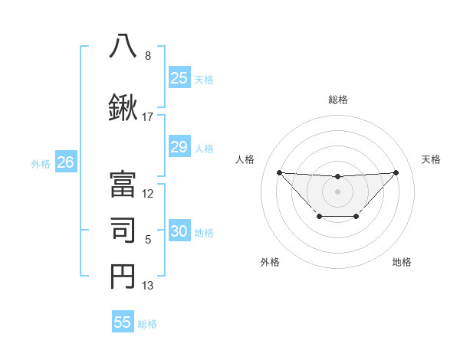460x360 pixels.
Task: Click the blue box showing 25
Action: [179, 77]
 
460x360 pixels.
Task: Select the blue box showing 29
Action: [179, 147]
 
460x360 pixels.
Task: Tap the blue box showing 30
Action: [179, 231]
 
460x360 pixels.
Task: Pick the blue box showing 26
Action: [66, 162]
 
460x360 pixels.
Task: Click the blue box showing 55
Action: [123, 322]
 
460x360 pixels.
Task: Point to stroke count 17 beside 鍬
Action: [148, 117]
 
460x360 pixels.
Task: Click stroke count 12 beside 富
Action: [148, 194]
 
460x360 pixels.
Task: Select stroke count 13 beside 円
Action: [148, 286]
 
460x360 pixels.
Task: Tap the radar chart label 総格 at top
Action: [337, 100]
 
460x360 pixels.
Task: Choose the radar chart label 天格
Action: [431, 159]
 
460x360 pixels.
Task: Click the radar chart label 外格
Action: [270, 262]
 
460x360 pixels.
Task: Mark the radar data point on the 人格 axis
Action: [279, 172]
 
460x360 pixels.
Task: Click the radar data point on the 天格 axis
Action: [396, 172]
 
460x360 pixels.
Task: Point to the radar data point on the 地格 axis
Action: [356, 217]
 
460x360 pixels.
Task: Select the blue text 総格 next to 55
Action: [148, 323]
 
